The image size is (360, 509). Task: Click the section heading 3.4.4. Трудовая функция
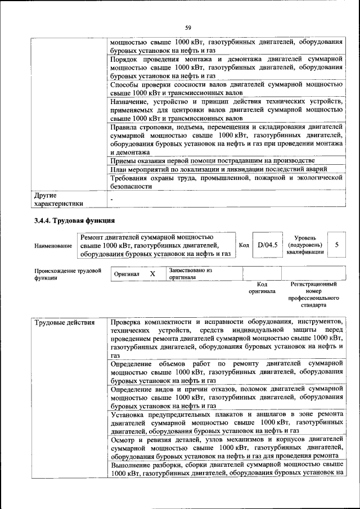point(74,220)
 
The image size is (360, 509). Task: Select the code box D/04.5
point(268,245)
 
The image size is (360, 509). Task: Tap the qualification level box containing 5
point(336,245)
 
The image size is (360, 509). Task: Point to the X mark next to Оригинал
point(152,273)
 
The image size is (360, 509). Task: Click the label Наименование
point(53,246)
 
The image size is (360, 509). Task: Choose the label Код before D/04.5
point(244,245)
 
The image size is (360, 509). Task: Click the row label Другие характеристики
point(58,199)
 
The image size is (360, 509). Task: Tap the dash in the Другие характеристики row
point(112,200)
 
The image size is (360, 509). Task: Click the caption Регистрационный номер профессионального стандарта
point(313,295)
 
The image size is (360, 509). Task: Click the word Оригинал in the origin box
point(126,274)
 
